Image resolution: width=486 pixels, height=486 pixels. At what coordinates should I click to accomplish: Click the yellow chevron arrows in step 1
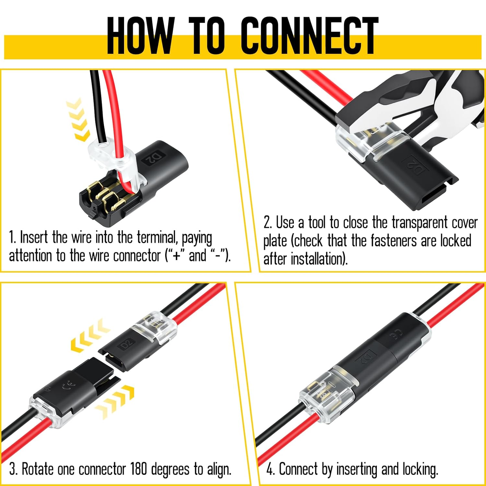pyautogui.click(x=78, y=120)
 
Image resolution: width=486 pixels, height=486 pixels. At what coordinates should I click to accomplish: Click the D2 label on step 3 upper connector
pyautogui.click(x=127, y=343)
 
